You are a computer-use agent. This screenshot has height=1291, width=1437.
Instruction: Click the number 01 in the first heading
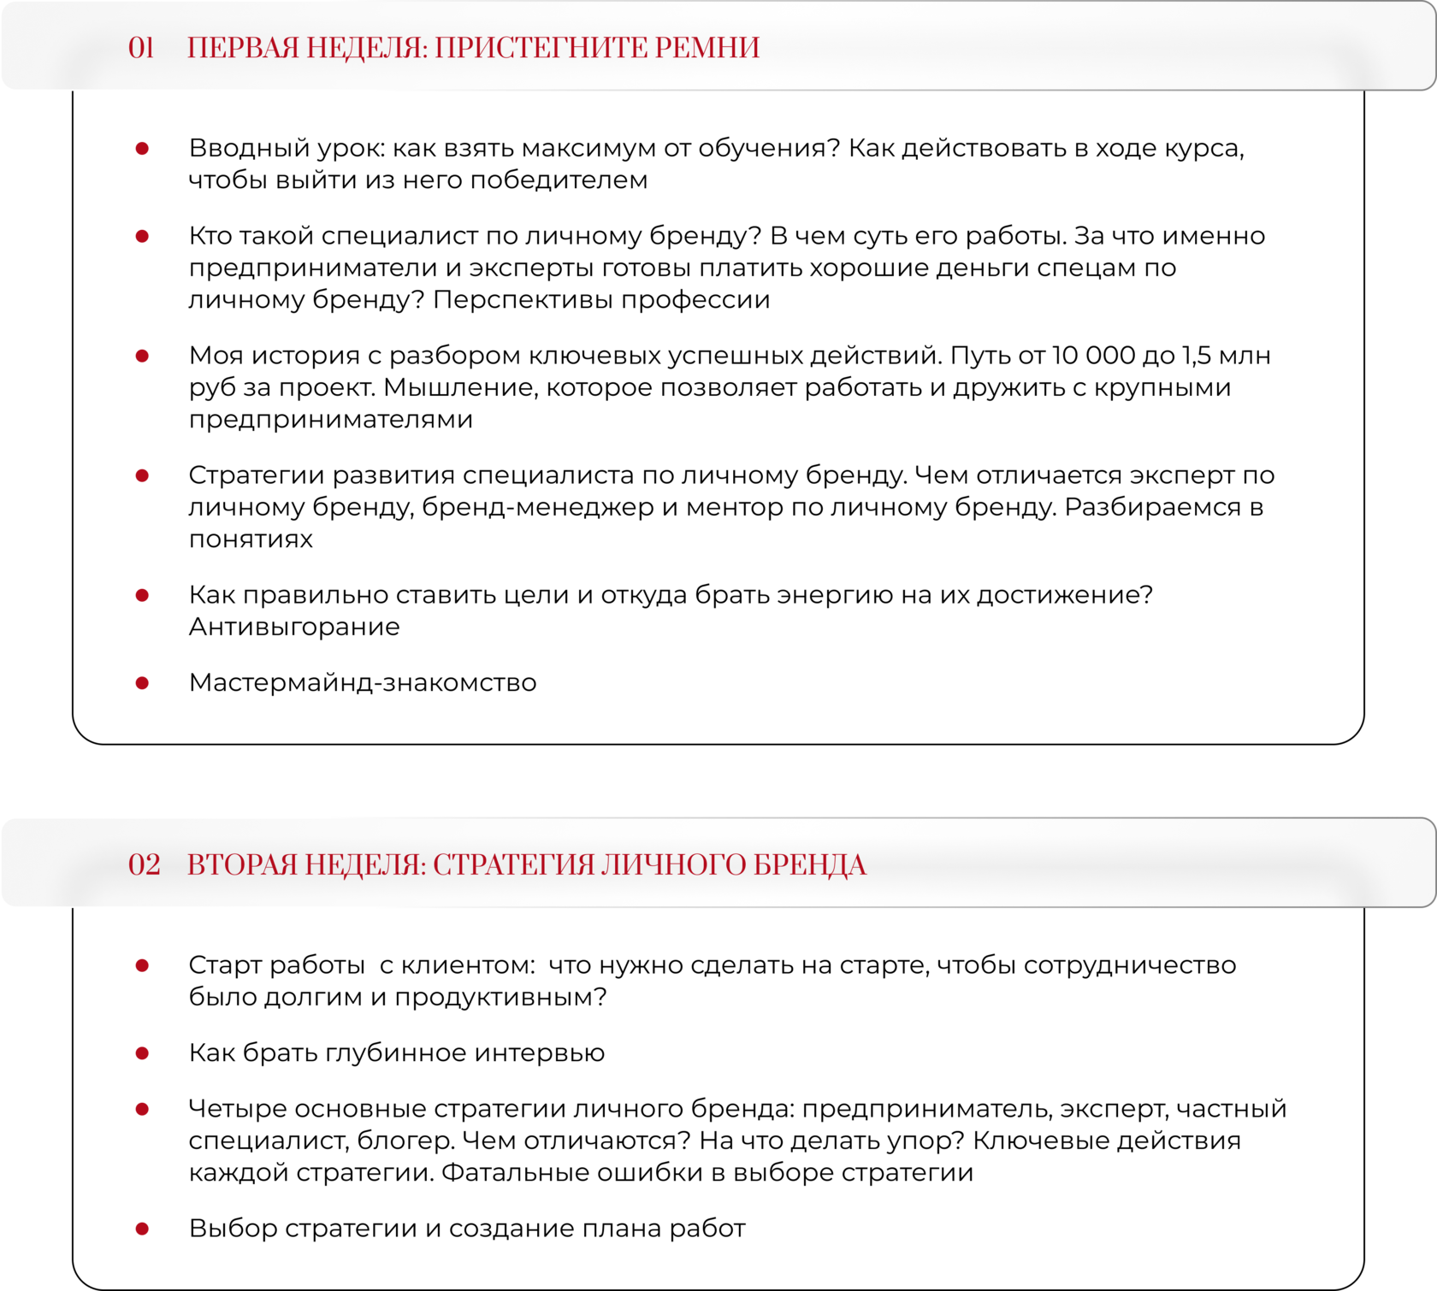point(141,48)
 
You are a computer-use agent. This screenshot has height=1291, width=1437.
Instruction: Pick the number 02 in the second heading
point(144,865)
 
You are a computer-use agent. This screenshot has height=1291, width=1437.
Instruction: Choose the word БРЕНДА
point(809,865)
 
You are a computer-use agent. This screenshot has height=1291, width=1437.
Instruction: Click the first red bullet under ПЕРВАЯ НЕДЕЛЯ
point(142,149)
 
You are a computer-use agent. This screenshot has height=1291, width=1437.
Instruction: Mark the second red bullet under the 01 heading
point(142,236)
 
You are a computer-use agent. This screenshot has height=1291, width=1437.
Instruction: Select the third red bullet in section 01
point(142,356)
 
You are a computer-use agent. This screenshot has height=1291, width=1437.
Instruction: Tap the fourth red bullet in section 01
point(142,475)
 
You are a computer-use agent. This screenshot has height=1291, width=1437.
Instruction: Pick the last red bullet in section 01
point(142,682)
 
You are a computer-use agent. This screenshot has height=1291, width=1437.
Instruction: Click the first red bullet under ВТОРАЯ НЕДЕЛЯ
point(142,965)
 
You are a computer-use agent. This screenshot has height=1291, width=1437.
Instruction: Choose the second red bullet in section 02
point(142,1053)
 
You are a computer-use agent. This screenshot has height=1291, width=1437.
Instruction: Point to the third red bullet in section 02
point(142,1109)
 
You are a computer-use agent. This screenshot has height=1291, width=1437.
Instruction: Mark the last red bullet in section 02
point(142,1229)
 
